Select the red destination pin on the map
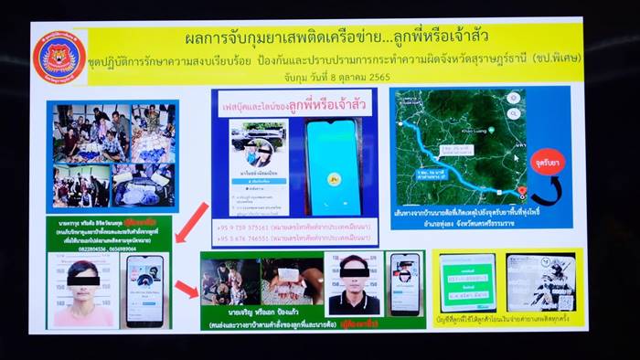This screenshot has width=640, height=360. pos(522,191)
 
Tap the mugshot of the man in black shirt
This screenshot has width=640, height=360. pos(353,284)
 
